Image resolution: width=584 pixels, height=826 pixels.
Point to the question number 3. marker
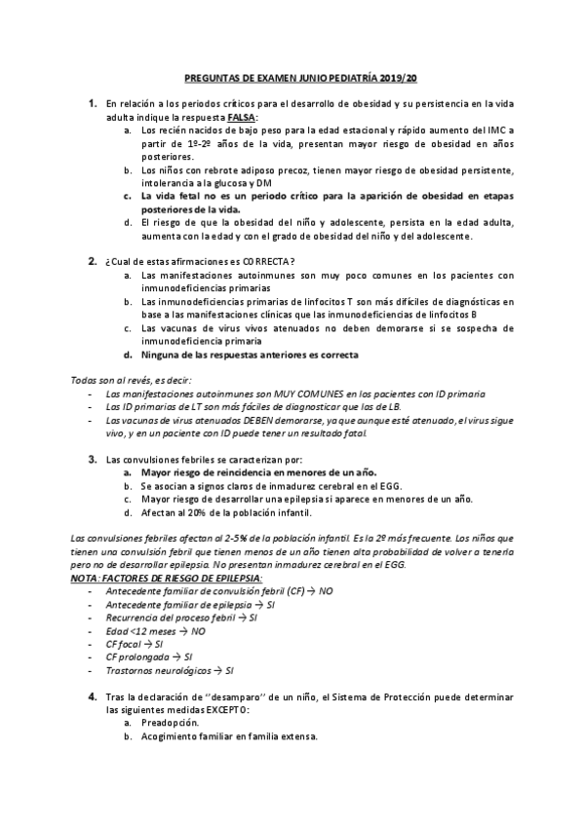click(x=92, y=457)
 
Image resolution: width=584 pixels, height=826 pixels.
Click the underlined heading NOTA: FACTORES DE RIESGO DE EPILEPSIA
click(x=160, y=577)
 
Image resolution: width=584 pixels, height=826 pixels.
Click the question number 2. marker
click(x=92, y=260)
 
